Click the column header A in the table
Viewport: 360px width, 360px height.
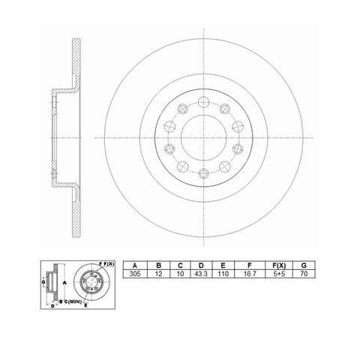(135, 265)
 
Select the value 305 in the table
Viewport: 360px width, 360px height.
(135, 274)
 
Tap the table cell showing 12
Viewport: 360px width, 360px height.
(158, 274)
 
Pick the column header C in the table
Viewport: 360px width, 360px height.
(180, 265)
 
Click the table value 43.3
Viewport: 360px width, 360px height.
(201, 274)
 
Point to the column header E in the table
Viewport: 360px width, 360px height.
(223, 265)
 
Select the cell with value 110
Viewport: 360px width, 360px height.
(223, 274)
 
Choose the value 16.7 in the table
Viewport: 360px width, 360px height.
(250, 274)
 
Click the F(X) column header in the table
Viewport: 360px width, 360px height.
(279, 265)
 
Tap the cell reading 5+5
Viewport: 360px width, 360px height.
(279, 274)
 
